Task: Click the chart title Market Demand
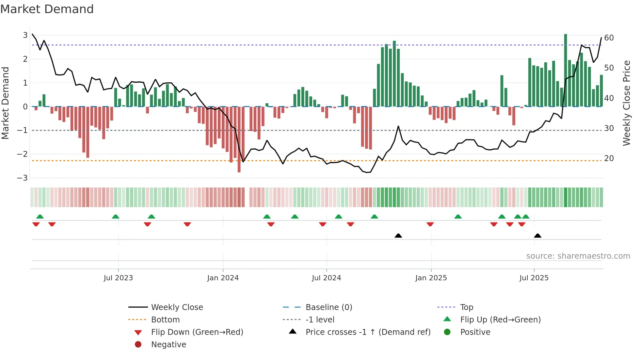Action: (47, 9)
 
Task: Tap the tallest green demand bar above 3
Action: (566, 70)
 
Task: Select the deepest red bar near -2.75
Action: (239, 139)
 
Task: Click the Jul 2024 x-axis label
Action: (326, 278)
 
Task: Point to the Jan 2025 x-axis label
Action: (431, 278)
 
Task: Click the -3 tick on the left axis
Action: (23, 178)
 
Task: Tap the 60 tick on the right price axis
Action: (609, 38)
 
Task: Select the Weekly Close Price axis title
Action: (626, 103)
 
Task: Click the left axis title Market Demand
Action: (5, 103)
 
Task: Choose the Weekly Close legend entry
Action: (177, 307)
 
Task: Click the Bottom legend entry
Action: (165, 320)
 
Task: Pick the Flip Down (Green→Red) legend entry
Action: (197, 332)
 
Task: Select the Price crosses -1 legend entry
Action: (368, 332)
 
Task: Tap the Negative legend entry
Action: (168, 345)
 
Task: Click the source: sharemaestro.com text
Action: (578, 256)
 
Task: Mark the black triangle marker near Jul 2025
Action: (537, 236)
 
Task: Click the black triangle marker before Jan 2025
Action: (398, 236)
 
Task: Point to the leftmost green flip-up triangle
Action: (40, 217)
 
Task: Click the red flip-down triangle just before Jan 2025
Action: (430, 224)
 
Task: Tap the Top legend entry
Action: (466, 307)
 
